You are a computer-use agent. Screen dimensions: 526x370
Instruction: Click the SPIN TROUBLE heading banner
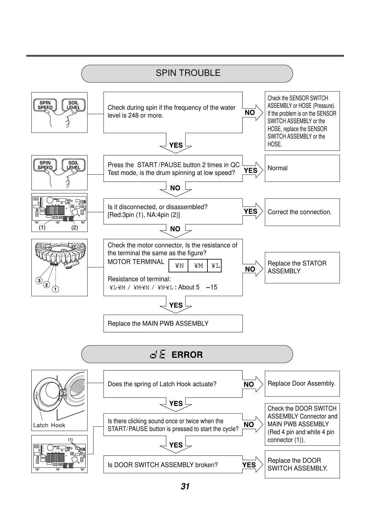tap(187, 73)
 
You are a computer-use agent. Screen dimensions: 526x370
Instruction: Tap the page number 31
tap(185, 486)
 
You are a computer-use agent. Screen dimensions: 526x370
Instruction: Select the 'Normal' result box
tap(302, 168)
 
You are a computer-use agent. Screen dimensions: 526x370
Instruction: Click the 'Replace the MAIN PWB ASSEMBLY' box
tap(173, 323)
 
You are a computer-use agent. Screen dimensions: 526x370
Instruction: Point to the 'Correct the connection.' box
tap(302, 212)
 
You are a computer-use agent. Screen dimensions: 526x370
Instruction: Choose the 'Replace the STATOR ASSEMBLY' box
tap(302, 267)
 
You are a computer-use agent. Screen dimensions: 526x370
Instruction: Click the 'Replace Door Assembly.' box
tap(302, 384)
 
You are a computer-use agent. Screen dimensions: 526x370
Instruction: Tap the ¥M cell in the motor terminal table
tap(198, 266)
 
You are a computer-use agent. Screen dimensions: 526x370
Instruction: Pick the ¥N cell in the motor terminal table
tap(179, 266)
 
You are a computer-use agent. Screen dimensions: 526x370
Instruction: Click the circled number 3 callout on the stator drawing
tap(39, 281)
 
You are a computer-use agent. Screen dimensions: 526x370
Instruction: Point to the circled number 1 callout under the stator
tap(55, 289)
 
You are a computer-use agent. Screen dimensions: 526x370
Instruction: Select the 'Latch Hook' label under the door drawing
tap(49, 425)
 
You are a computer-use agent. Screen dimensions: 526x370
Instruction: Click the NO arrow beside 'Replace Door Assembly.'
tap(253, 384)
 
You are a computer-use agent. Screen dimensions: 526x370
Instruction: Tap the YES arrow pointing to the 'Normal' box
tap(253, 170)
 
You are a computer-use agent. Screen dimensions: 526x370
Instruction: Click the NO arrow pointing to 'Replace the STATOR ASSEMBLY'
tap(253, 269)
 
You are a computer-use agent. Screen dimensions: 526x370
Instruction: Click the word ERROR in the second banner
tap(187, 355)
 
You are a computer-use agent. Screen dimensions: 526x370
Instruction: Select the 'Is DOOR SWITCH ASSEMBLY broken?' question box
tap(173, 465)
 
